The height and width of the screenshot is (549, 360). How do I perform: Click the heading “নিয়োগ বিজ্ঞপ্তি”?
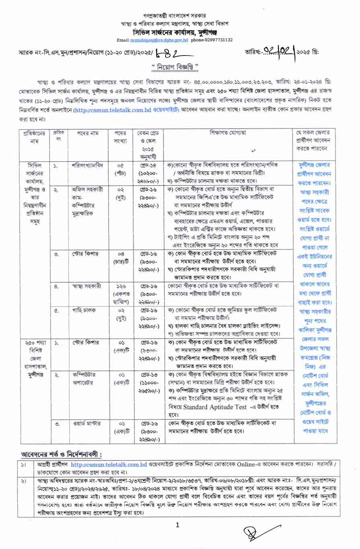point(180,66)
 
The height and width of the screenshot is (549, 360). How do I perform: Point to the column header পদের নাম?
point(84,133)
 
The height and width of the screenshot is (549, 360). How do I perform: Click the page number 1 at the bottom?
point(177,525)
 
